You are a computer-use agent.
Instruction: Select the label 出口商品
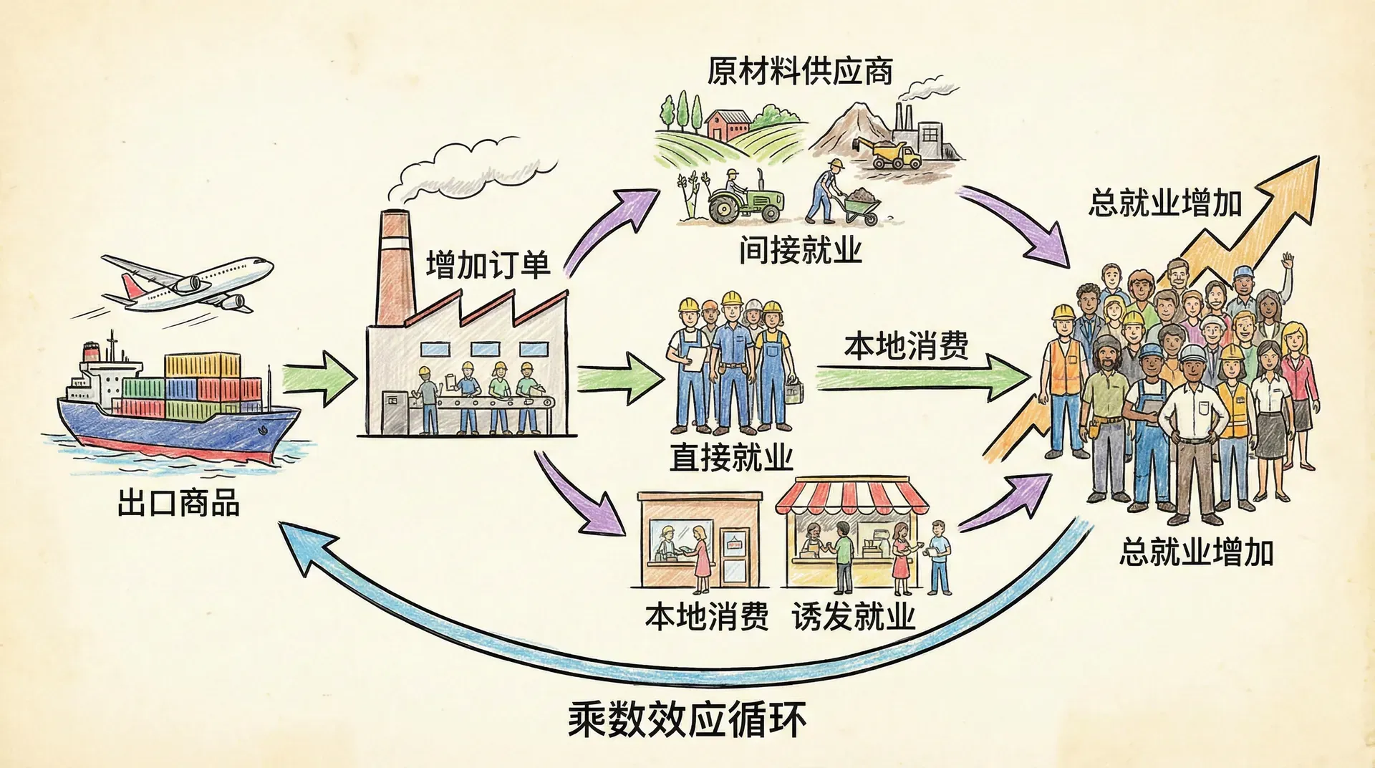click(178, 503)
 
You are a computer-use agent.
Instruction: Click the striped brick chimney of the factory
click(394, 265)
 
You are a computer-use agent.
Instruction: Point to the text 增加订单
click(488, 265)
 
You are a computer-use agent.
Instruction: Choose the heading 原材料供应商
click(800, 71)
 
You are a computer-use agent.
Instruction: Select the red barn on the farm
click(727, 125)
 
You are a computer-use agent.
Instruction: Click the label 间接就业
click(800, 250)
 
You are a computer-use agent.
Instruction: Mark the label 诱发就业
click(854, 616)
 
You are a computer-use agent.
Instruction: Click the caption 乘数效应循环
click(687, 719)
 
